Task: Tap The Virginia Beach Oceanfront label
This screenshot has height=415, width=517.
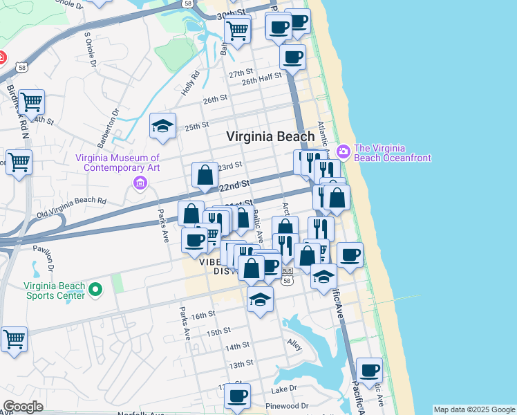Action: click(x=392, y=153)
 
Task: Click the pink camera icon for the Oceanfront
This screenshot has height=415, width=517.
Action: click(x=344, y=151)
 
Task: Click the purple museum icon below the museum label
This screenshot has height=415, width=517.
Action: click(x=140, y=183)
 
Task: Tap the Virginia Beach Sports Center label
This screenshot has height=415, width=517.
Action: click(x=55, y=290)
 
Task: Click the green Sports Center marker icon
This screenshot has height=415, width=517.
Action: click(x=97, y=288)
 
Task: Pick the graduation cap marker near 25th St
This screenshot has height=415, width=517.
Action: click(x=163, y=126)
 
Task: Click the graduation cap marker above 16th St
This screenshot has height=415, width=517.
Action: click(x=260, y=299)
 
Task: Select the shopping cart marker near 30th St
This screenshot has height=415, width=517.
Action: click(x=237, y=30)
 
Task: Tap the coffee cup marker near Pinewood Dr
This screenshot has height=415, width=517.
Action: click(x=237, y=396)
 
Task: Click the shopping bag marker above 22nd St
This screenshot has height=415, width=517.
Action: click(x=205, y=175)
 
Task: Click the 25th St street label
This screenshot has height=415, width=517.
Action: click(x=196, y=127)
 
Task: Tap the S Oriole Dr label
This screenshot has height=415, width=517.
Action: click(x=90, y=50)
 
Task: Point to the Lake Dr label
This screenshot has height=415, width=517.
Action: click(x=283, y=389)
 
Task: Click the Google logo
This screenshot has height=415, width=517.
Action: click(x=23, y=407)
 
